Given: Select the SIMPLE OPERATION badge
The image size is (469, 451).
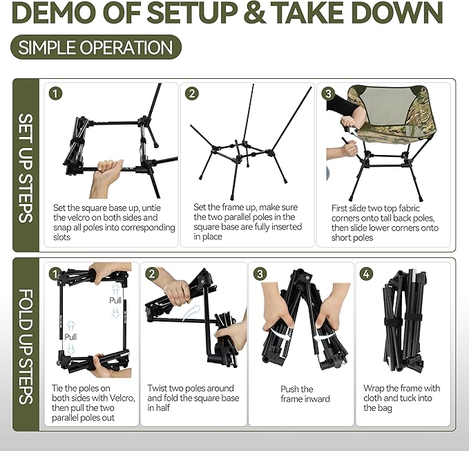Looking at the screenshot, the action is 96,47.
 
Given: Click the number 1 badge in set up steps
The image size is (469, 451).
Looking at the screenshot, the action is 55,93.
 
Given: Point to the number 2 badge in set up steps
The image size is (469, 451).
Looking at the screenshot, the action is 192,93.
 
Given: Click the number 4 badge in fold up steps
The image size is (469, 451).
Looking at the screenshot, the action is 366,274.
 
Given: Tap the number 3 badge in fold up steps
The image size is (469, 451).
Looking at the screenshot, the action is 260,274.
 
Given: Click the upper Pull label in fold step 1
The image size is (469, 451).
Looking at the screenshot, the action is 115,300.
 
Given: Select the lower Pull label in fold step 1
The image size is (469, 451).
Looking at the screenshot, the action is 70,337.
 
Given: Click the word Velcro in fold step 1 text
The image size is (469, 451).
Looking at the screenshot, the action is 122,398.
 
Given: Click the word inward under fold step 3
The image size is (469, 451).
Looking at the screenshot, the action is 317,398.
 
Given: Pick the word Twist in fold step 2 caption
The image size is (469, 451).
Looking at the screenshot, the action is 157,388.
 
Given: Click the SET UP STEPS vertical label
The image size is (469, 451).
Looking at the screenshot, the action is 26,168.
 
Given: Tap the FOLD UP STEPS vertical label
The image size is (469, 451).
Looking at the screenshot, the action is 26,347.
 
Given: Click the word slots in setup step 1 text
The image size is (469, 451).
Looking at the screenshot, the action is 61,237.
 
